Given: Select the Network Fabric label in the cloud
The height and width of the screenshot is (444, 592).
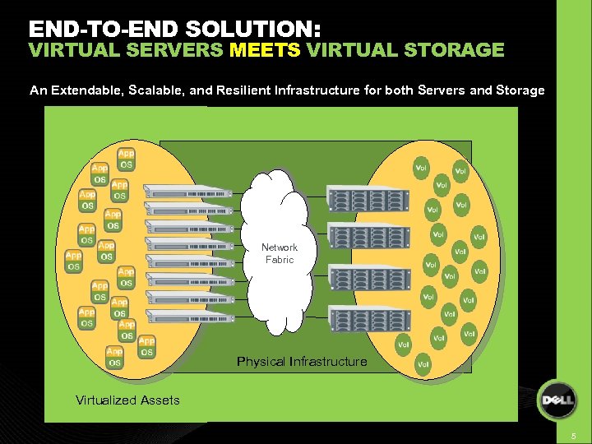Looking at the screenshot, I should [280, 253].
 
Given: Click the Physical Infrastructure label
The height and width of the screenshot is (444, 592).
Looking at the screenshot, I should [302, 362].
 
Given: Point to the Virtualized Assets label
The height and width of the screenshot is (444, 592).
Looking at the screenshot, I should [127, 400].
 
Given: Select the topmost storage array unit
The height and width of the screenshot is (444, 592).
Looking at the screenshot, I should [368, 198].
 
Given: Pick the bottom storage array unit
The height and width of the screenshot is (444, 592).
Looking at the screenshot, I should [368, 317].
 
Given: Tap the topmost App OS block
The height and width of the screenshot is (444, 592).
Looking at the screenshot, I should [126, 159].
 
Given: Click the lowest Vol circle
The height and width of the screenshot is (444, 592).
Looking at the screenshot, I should [423, 364].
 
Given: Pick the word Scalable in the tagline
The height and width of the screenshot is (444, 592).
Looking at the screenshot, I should [155, 90].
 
